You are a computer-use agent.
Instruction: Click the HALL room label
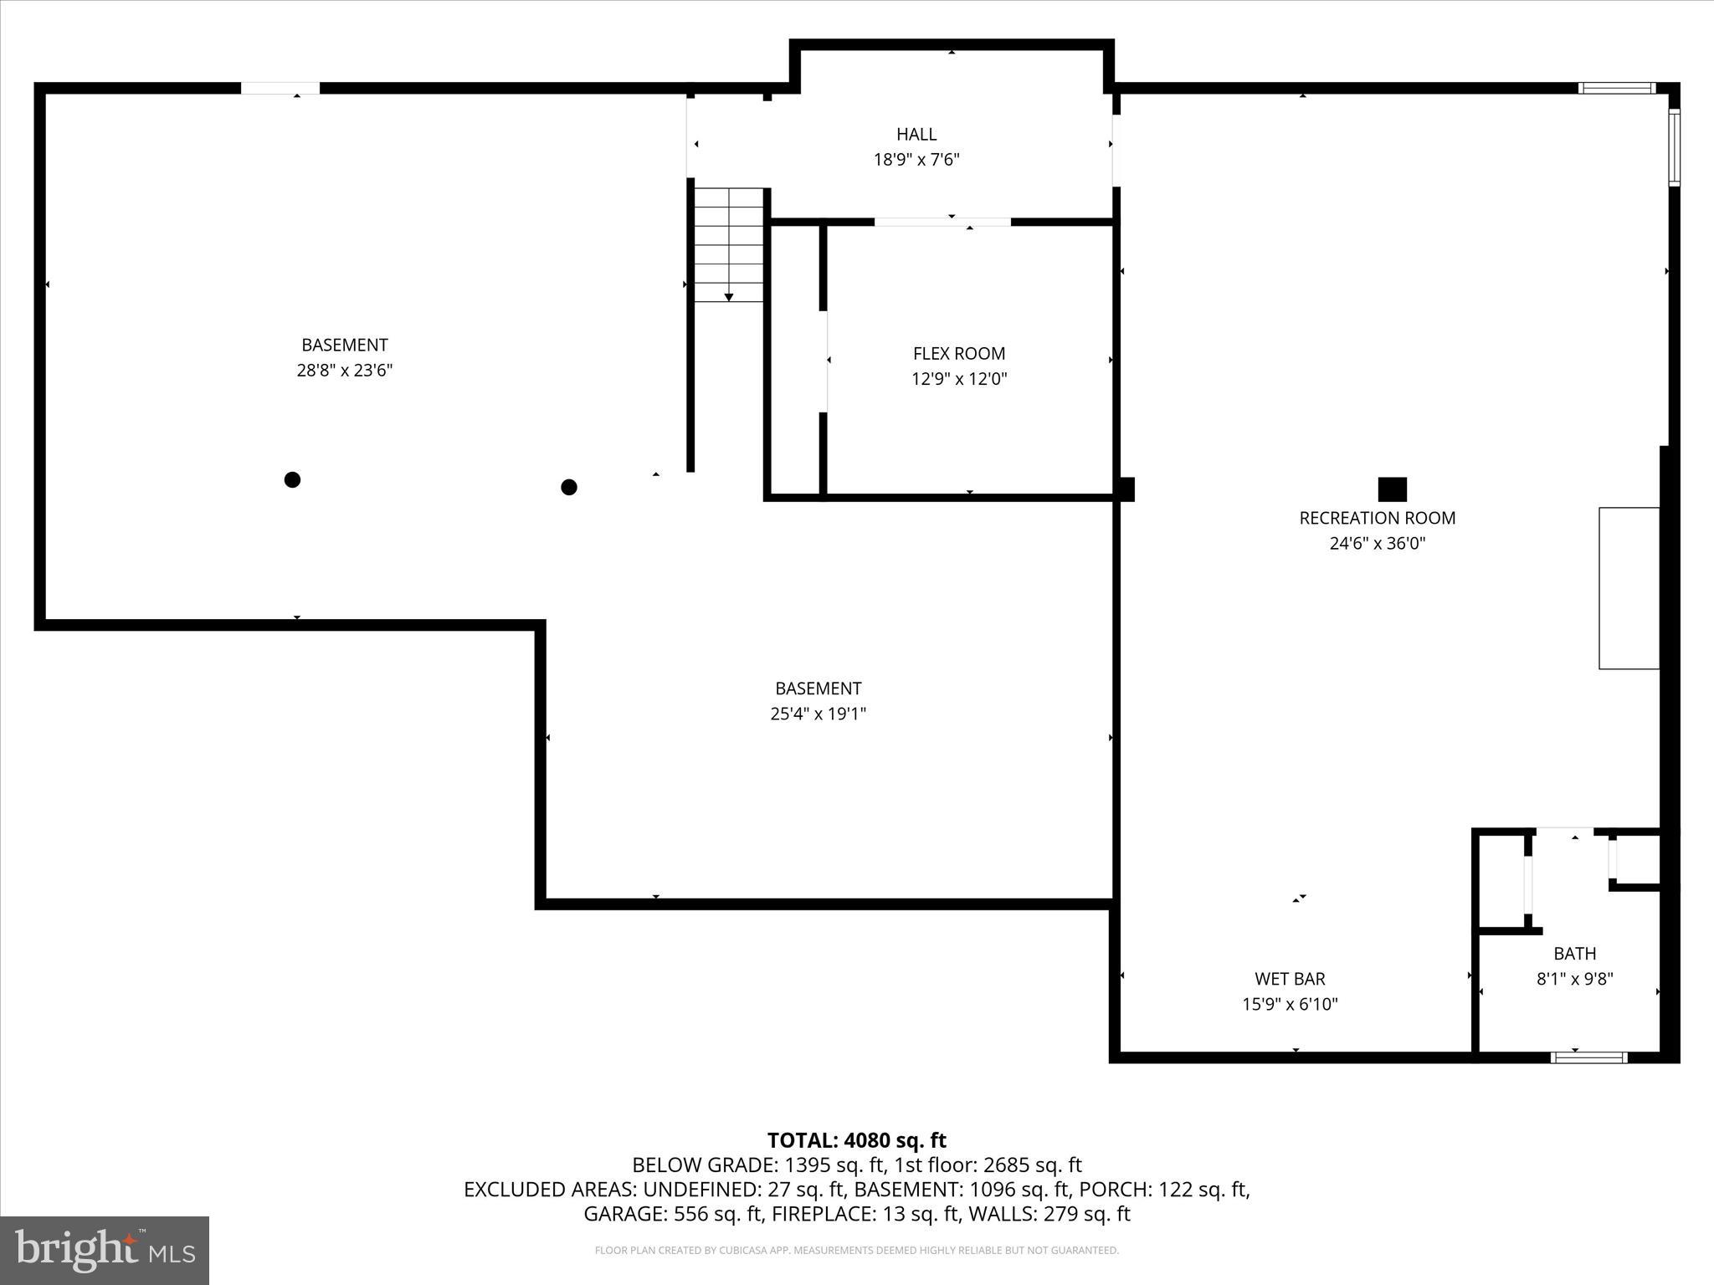(916, 134)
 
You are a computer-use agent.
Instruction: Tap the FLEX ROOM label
(959, 353)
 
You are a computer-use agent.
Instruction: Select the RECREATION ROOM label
(1377, 518)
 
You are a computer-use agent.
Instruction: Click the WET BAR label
(1290, 978)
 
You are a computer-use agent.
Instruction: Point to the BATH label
(1574, 953)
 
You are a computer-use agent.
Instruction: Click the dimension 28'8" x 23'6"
(344, 371)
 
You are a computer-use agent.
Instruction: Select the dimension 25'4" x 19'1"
(818, 714)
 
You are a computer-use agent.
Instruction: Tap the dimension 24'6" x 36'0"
(1377, 544)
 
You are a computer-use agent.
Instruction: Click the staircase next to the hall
(729, 244)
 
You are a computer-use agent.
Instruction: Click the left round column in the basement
(292, 479)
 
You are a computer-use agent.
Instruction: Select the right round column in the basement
(569, 487)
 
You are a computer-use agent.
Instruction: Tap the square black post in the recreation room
(1393, 489)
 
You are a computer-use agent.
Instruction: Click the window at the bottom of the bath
(1588, 1057)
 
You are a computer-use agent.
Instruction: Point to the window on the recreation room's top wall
(1617, 88)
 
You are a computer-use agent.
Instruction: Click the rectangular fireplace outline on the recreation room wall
(1629, 588)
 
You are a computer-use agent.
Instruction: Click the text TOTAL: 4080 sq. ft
(856, 1140)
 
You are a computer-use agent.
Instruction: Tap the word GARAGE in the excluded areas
(619, 1214)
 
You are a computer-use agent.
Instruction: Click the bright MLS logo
(105, 1250)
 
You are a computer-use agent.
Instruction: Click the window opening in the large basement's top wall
(280, 88)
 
